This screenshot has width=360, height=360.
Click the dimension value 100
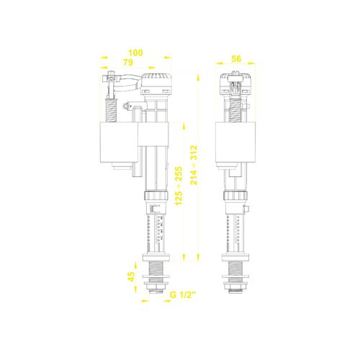tap(135, 53)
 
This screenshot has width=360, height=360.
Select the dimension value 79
tap(128, 63)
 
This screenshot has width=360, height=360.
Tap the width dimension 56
tap(236, 59)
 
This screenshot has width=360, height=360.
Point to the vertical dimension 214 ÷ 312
tap(194, 165)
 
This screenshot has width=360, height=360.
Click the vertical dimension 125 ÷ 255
tap(179, 186)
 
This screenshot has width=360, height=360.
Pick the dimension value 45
tap(132, 276)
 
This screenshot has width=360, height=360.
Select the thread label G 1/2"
tap(183, 294)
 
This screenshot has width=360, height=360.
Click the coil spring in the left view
tap(111, 110)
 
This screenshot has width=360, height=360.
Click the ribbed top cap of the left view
tap(156, 79)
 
